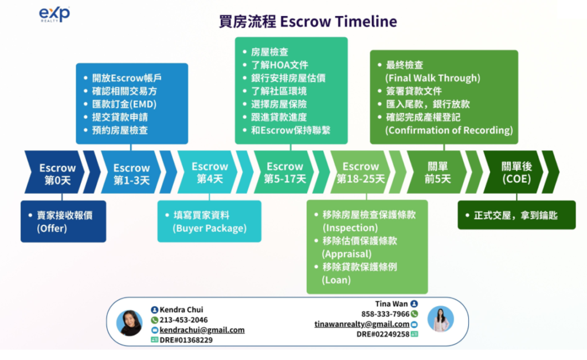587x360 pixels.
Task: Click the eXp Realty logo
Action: pos(54,14)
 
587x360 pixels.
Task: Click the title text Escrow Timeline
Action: pos(338,21)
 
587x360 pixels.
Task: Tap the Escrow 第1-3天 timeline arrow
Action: pos(131,172)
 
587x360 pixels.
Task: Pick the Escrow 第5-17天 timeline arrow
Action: pos(284,172)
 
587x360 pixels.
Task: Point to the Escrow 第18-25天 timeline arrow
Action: pos(360,172)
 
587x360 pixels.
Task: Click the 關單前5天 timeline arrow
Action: pos(437,172)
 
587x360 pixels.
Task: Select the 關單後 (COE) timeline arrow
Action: pos(514,172)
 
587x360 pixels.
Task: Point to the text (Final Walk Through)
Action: pos(433,78)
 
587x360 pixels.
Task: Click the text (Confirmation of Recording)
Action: pos(449,130)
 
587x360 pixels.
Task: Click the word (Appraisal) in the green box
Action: pos(347,254)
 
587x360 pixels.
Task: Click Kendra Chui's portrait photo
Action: pos(130,323)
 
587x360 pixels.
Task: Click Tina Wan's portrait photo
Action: pos(441,319)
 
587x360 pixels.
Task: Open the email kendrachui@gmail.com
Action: pos(202,330)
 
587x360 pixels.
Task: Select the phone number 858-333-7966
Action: pos(385,314)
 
